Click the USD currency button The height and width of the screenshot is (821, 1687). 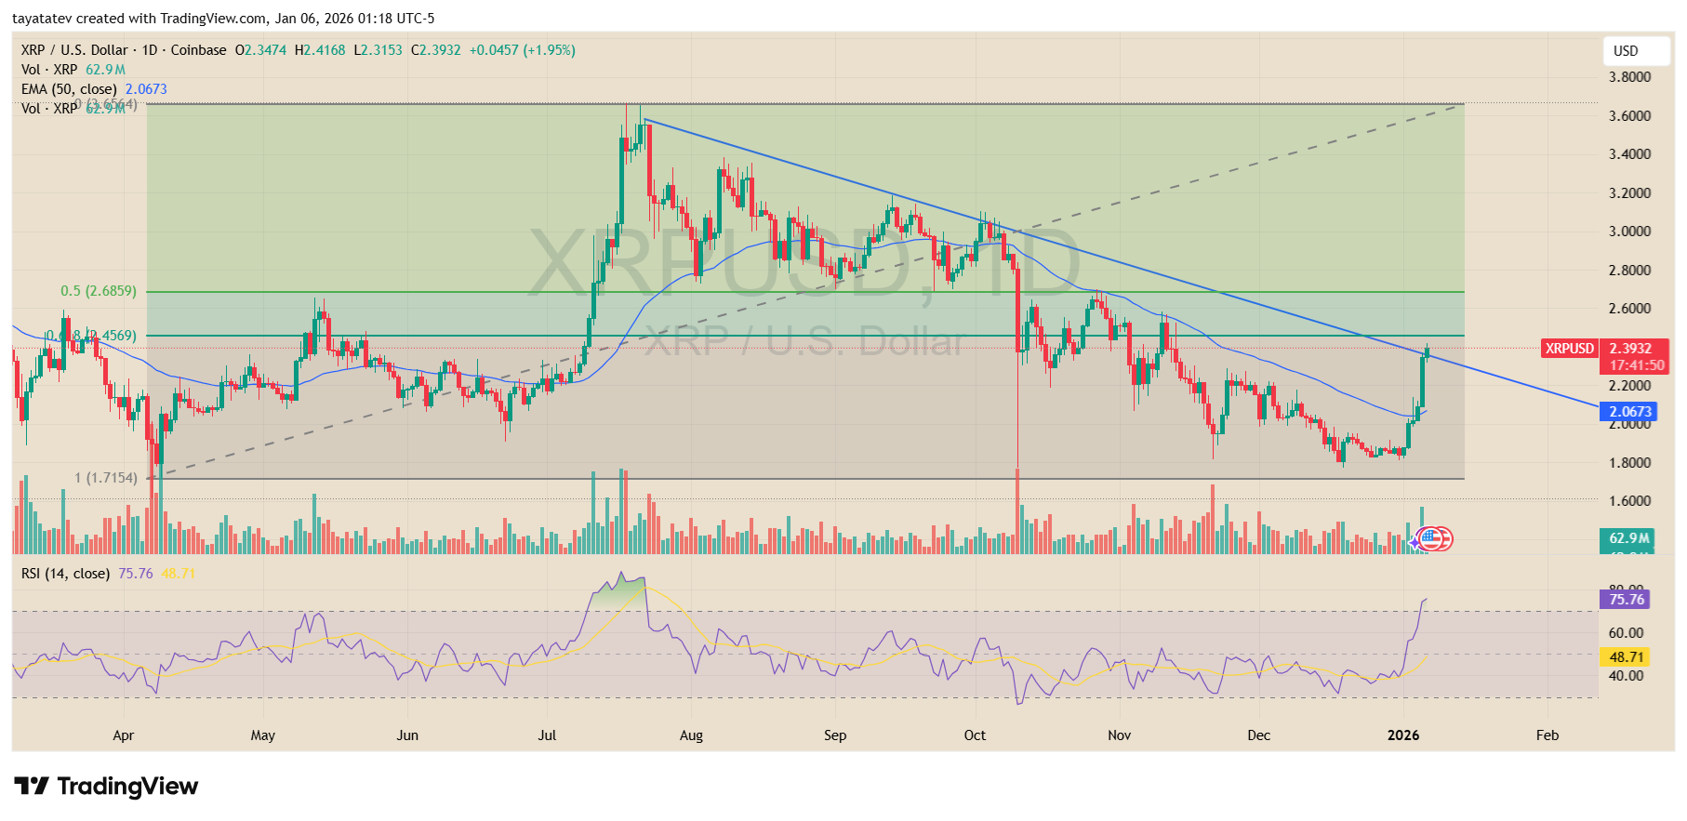1625,51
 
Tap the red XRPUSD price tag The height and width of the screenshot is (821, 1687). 1569,349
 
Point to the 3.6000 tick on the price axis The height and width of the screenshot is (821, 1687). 1629,116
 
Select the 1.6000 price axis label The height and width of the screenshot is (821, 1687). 1629,501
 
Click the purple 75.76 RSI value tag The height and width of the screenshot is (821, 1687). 1626,600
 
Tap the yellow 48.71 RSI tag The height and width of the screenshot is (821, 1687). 1626,657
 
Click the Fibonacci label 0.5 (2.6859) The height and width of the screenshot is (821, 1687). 99,291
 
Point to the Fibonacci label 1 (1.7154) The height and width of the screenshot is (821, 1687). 106,478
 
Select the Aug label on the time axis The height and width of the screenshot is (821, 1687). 691,735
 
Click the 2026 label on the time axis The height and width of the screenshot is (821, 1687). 1402,735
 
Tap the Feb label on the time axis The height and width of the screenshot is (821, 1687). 1547,735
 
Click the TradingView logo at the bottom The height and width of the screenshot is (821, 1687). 106,787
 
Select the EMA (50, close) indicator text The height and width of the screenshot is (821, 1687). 69,89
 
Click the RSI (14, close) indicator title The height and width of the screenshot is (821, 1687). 65,574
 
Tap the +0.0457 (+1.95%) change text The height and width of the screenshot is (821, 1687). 522,50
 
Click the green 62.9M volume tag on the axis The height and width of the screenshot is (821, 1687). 1628,538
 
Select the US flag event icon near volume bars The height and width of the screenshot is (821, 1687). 1431,538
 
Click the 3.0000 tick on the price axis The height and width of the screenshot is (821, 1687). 1629,232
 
